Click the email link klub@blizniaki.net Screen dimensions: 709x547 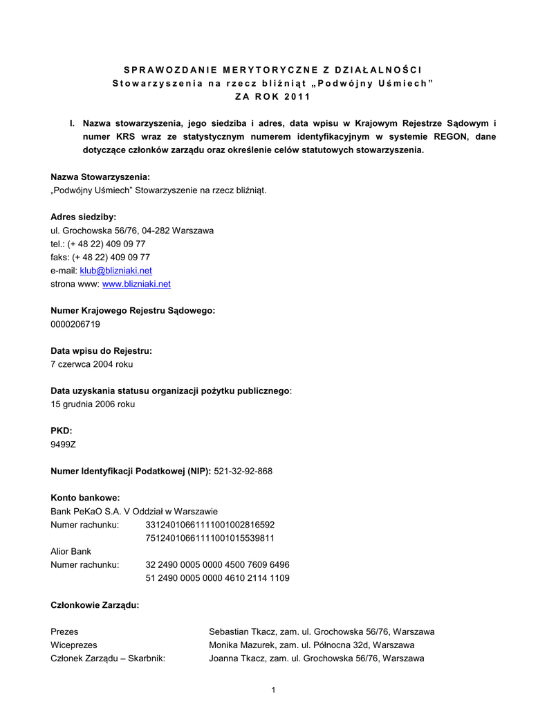[x=116, y=270]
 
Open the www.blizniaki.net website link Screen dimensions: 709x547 [x=136, y=284]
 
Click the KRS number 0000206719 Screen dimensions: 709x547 [x=75, y=324]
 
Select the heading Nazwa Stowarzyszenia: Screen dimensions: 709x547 [x=100, y=177]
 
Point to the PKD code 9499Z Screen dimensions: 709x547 [x=63, y=445]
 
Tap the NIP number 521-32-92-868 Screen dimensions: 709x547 [x=243, y=471]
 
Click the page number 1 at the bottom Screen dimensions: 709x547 [x=274, y=690]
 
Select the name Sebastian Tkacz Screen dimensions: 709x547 [x=241, y=631]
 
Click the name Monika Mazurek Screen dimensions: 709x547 [x=241, y=645]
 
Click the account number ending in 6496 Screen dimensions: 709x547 [x=217, y=564]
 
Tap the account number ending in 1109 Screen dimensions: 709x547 [x=217, y=577]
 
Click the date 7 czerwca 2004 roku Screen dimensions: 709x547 [x=92, y=364]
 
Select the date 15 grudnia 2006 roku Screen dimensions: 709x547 [x=93, y=404]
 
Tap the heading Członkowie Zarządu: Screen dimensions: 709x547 [x=95, y=604]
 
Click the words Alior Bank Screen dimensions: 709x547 [x=71, y=551]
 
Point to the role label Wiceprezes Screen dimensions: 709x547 [x=74, y=645]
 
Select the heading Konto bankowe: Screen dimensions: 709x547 [x=86, y=497]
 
